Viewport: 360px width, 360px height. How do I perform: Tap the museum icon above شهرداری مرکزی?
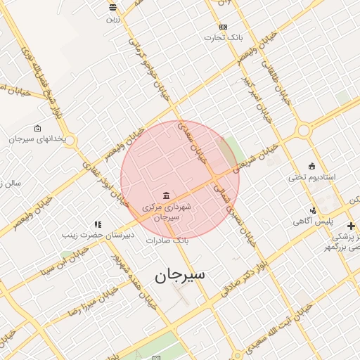166,195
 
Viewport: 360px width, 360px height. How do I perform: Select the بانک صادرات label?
168,240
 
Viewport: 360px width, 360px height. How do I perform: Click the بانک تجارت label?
224,37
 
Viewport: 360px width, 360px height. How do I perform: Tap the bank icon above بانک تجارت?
224,26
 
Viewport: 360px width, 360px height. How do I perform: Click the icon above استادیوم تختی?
312,166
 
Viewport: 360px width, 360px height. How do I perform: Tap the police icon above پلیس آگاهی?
313,210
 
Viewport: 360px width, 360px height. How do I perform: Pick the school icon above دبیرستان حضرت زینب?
98,224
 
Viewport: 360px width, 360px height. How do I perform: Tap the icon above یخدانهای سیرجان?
37,128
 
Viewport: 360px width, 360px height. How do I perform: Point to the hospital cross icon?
351,224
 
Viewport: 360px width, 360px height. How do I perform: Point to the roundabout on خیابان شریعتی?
304,130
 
